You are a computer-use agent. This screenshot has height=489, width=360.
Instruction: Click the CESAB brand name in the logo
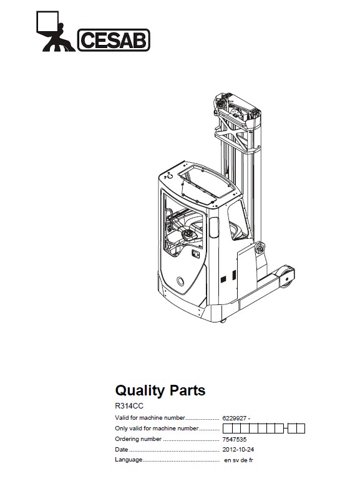[x=114, y=40]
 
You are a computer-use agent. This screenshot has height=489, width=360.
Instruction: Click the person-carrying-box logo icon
[x=55, y=31]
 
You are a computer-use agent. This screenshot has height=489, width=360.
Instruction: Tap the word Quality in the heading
[x=140, y=390]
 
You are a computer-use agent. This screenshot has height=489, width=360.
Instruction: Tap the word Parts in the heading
[x=187, y=390]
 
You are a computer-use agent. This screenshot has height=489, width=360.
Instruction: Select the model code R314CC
[x=129, y=406]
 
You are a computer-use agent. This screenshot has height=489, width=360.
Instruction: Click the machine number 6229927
[x=235, y=418]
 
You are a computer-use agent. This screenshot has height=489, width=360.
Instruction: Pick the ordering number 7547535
[x=235, y=439]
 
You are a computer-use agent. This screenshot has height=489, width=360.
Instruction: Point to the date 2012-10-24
[x=238, y=449]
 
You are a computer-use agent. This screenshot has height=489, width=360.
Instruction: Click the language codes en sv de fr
[x=238, y=460]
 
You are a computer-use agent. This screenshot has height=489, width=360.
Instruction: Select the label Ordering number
[x=139, y=439]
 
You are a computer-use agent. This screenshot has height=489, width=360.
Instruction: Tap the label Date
[x=121, y=449]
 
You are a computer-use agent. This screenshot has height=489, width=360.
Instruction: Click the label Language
[x=129, y=460]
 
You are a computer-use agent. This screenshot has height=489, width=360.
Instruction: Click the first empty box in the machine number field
[x=227, y=428]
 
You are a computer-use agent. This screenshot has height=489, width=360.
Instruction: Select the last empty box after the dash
[x=301, y=428]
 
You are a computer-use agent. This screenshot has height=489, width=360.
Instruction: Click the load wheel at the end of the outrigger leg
[x=287, y=277]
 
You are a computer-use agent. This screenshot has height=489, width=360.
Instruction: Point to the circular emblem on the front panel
[x=180, y=281]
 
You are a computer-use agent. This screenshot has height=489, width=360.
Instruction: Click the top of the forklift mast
[x=237, y=110]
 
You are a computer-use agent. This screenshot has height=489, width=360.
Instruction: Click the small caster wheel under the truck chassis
[x=223, y=321]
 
